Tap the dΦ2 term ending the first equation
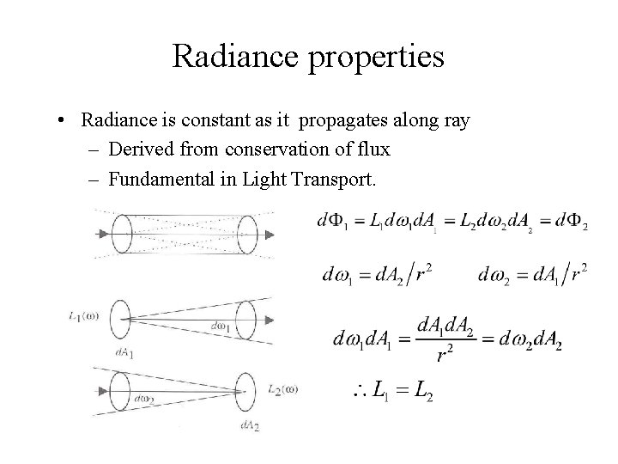pyautogui.click(x=570, y=223)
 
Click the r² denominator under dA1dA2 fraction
pyautogui.click(x=445, y=353)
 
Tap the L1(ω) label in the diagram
pyautogui.click(x=83, y=314)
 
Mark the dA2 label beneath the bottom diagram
pyautogui.click(x=251, y=426)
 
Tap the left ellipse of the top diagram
pyautogui.click(x=119, y=232)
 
